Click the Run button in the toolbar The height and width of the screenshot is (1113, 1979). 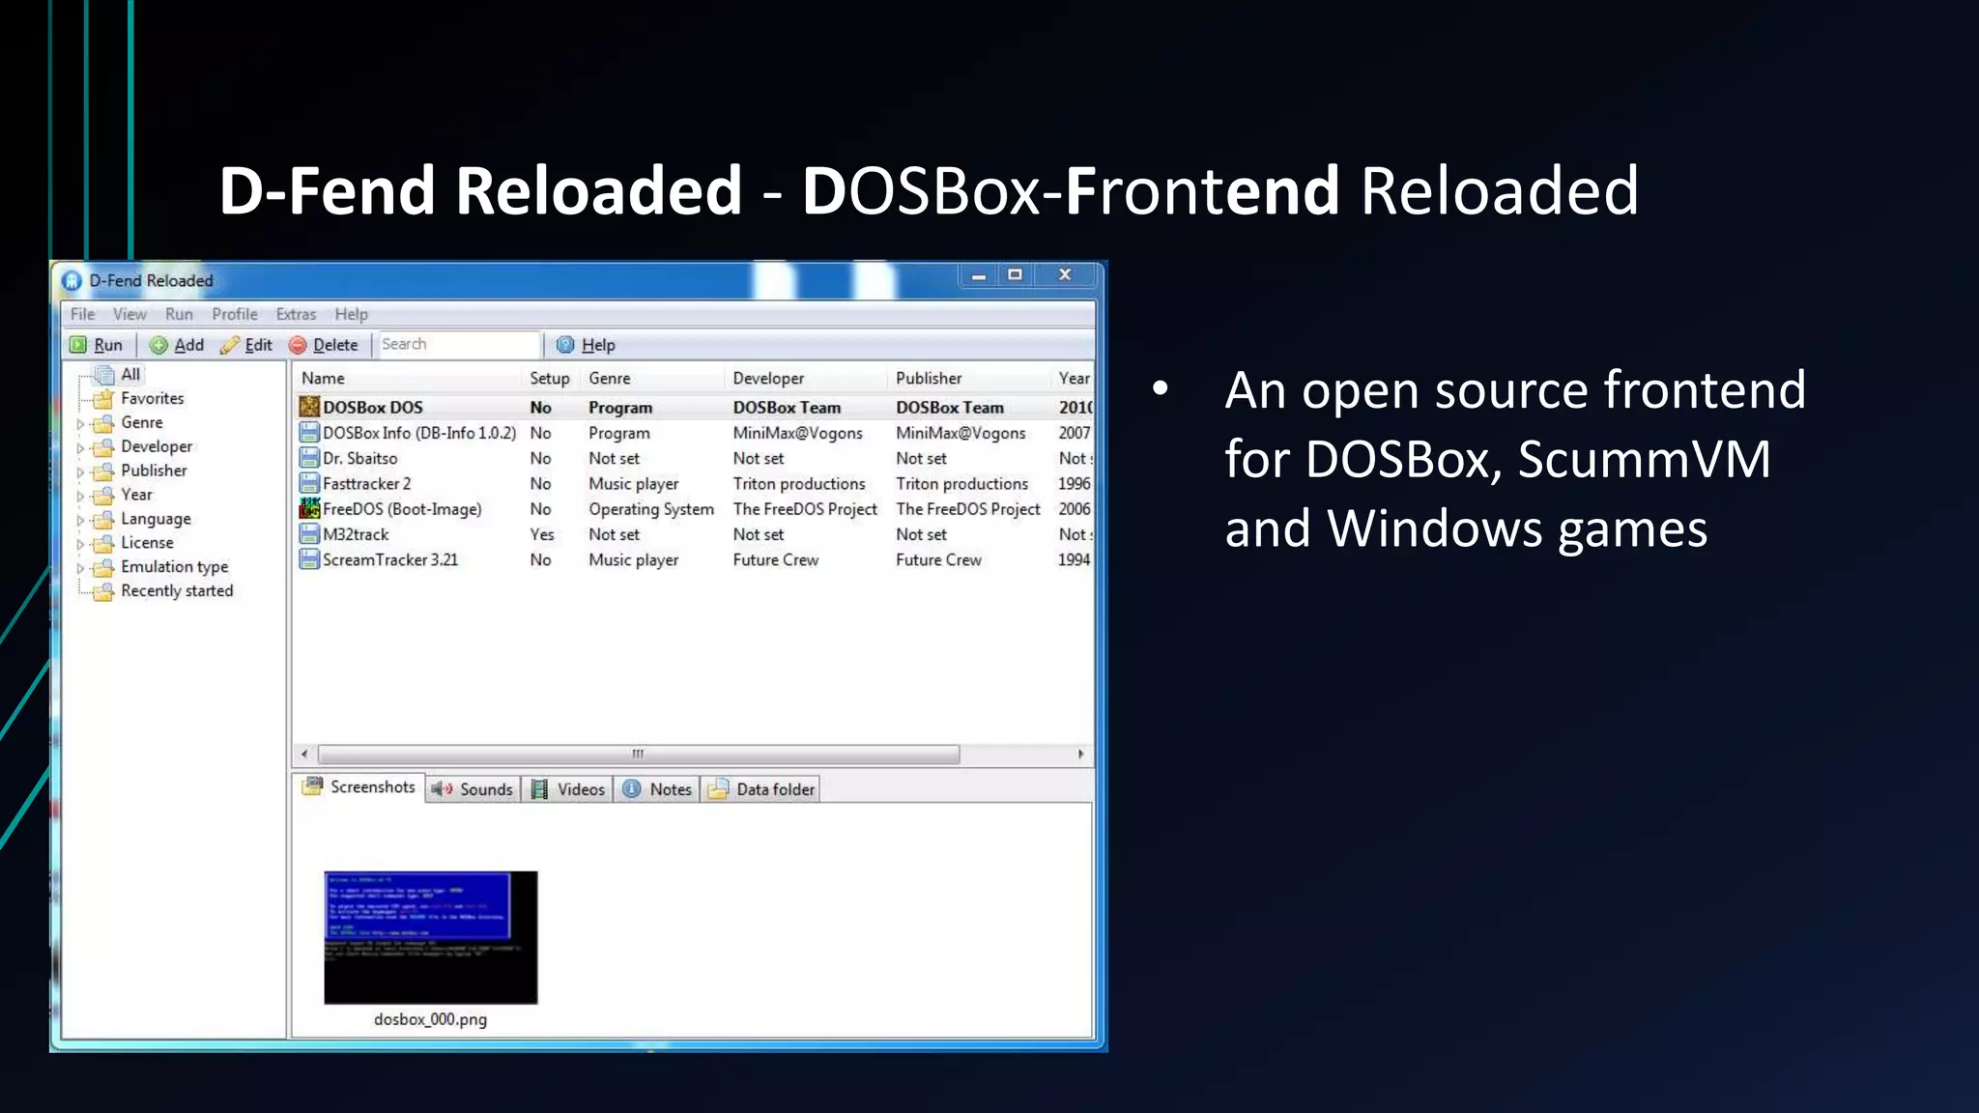[97, 345]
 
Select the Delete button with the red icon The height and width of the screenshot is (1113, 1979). [324, 345]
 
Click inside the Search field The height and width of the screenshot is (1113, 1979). [457, 344]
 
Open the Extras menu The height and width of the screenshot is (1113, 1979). [296, 314]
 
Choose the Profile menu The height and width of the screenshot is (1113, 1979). [235, 314]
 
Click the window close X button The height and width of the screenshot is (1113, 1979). [1065, 275]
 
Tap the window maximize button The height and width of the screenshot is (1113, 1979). [1015, 275]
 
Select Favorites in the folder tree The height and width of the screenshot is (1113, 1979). [152, 398]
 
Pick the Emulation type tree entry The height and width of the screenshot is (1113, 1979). [174, 567]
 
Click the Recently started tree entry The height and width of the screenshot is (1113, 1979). [177, 591]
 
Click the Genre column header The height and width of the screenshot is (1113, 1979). [610, 379]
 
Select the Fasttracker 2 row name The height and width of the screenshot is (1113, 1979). [366, 484]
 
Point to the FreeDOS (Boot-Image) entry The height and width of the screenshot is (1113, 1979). [401, 509]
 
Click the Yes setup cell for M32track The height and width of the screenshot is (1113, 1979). [542, 534]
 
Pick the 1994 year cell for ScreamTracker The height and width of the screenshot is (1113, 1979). [1074, 560]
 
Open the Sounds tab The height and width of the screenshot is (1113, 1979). [473, 789]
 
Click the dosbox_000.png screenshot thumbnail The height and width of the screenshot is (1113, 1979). [430, 937]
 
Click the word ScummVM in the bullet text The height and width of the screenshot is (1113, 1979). [1644, 459]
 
